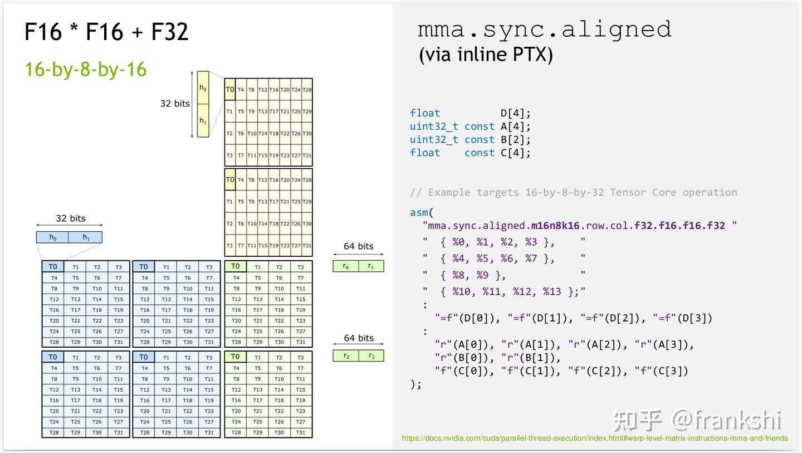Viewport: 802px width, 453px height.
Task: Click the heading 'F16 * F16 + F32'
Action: click(x=107, y=32)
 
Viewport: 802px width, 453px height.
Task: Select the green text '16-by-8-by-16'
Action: click(x=85, y=70)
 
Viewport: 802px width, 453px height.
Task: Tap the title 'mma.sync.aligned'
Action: click(x=545, y=29)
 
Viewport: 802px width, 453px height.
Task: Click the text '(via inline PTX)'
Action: click(x=486, y=55)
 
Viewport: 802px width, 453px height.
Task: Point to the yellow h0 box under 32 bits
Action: click(x=203, y=87)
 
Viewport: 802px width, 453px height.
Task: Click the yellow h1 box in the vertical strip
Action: click(x=203, y=120)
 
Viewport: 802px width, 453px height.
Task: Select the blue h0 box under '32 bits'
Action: click(x=52, y=237)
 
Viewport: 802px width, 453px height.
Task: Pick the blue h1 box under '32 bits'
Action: click(x=86, y=237)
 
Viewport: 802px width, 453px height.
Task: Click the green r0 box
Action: click(x=346, y=266)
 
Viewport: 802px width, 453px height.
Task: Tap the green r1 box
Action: click(x=371, y=266)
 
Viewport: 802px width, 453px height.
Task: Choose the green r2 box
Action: click(x=346, y=355)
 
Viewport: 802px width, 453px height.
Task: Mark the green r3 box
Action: click(x=371, y=355)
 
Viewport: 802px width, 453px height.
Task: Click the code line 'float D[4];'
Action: click(x=470, y=113)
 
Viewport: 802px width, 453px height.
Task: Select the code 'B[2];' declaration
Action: click(x=515, y=140)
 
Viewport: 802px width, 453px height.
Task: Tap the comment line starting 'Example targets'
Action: click(x=573, y=192)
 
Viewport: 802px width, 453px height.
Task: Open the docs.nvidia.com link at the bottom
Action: click(x=594, y=439)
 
